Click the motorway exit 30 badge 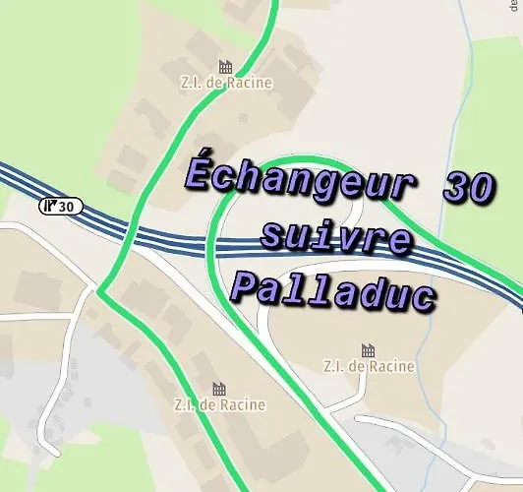[62, 206]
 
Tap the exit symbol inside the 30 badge [51, 206]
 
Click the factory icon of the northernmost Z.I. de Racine [225, 66]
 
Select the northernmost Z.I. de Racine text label [225, 84]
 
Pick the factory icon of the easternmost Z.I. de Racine [369, 349]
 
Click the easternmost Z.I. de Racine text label [369, 367]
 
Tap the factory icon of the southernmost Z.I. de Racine [219, 388]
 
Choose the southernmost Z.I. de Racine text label [219, 404]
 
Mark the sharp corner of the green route [98, 292]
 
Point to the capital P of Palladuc [246, 288]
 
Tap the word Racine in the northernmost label [250, 84]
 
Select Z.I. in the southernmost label [186, 404]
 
